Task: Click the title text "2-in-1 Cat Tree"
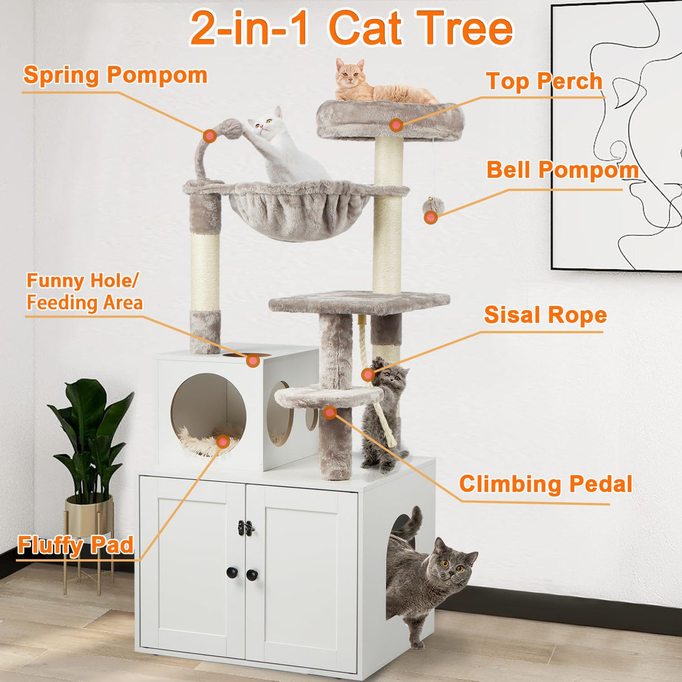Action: [x=351, y=28]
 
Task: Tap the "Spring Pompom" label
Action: [x=115, y=75]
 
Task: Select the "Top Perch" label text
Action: [x=544, y=81]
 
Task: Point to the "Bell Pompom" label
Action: [x=562, y=170]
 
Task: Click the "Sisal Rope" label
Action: [x=545, y=315]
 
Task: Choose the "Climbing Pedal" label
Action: [x=545, y=484]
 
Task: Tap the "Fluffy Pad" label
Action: [x=75, y=545]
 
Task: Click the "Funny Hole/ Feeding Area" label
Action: [x=84, y=292]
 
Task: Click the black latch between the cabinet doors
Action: [x=245, y=528]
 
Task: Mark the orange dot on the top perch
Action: [x=396, y=125]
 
